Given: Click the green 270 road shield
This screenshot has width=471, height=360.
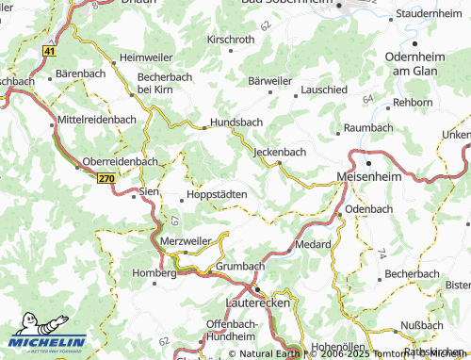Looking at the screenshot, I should pyautogui.click(x=106, y=177).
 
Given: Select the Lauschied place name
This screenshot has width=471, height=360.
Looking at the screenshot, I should pyautogui.click(x=324, y=89).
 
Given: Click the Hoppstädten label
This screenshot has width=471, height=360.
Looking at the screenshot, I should pyautogui.click(x=218, y=193).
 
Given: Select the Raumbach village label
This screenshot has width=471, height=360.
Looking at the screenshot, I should pyautogui.click(x=368, y=126).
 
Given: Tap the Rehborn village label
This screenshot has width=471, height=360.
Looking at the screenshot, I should pyautogui.click(x=412, y=101).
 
